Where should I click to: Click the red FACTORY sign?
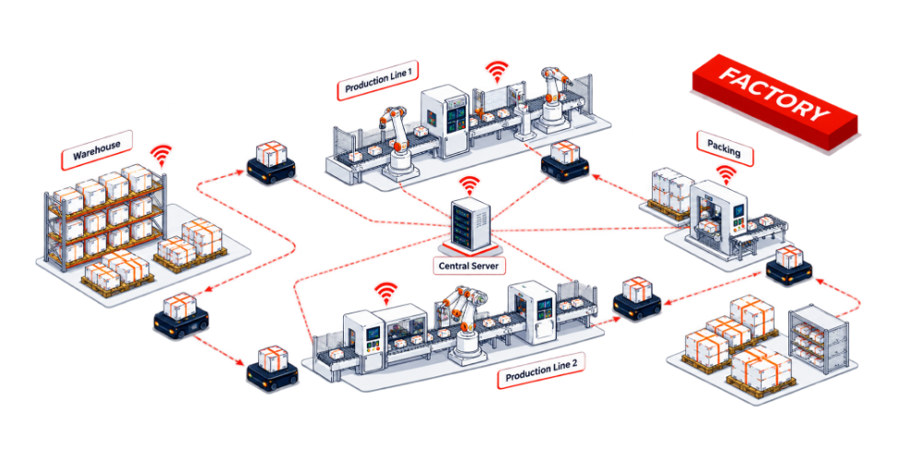coord(774,102)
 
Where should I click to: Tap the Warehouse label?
coord(97,150)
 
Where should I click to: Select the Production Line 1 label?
coord(377,80)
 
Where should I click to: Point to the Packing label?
coord(725,148)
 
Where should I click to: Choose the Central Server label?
coord(468,266)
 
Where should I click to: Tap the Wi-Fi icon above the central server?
coord(469,185)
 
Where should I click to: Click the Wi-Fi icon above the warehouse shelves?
coord(160,157)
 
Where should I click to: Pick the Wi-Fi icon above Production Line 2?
coord(386,291)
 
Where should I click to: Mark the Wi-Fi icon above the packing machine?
coord(727,174)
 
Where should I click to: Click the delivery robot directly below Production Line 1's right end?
coord(564,160)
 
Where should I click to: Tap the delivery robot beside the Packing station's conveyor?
coord(789,267)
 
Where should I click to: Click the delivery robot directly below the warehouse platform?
coord(181,316)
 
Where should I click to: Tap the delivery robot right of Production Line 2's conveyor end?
coord(637,299)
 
